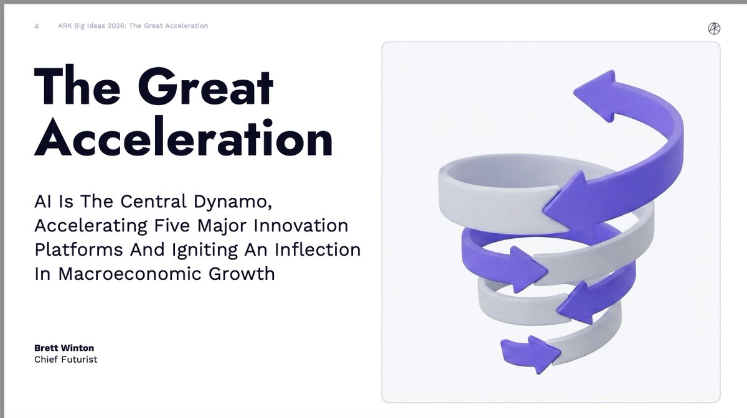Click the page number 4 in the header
coord(36,26)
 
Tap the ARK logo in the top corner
coord(714,29)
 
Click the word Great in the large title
coord(205,86)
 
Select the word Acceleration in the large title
coord(184,137)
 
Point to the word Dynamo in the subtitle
coord(233,202)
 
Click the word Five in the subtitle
coord(172,225)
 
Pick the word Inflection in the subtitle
coord(317,249)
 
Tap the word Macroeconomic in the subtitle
coord(130,274)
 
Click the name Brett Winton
coord(64,348)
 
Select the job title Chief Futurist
coord(66,360)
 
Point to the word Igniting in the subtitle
coord(205,250)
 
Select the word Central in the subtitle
coord(153,202)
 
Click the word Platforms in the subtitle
coord(78,249)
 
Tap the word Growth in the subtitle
coord(242,274)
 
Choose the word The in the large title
coord(77,86)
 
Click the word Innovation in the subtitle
coord(301,225)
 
